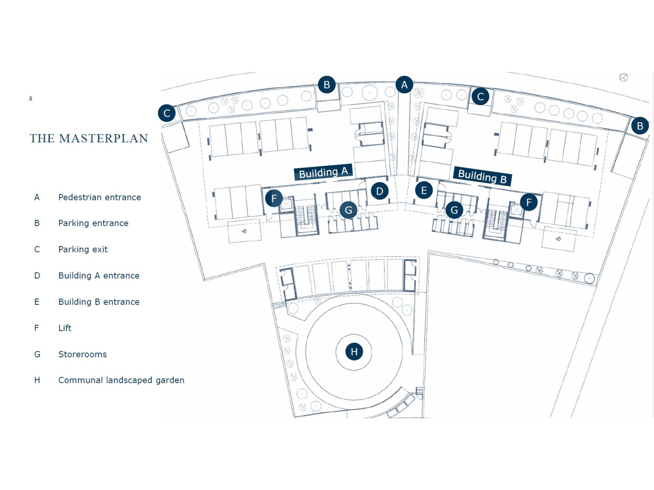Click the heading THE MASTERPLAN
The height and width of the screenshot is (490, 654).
[89, 138]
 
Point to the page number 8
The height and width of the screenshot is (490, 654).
[31, 99]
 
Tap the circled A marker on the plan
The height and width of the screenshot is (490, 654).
[404, 85]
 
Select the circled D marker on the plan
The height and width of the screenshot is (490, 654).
[379, 191]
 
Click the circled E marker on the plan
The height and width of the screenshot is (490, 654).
[424, 190]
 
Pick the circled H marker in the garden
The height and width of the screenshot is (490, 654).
[354, 352]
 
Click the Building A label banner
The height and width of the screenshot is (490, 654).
[323, 172]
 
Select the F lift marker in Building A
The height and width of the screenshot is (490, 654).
[274, 198]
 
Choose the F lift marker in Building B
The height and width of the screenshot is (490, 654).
[529, 202]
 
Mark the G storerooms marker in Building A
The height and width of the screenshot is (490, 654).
[348, 210]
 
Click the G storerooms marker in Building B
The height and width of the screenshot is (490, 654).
[454, 210]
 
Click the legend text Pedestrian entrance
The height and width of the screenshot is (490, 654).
[99, 197]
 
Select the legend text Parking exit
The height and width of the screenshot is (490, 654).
[83, 249]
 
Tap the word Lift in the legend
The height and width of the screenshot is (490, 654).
[65, 328]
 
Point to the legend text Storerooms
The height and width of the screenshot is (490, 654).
[82, 354]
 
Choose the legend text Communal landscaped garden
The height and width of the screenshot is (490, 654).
[121, 380]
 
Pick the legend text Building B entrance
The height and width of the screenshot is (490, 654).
[99, 302]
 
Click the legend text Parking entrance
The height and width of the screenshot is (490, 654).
[93, 223]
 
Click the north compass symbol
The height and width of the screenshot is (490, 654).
[623, 78]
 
